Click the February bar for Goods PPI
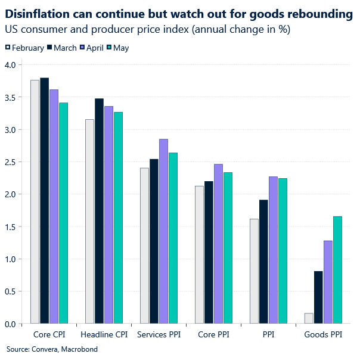309,318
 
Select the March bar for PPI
263,262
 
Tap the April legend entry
91,48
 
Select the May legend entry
120,48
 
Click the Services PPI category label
159,335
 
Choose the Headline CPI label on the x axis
104,335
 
